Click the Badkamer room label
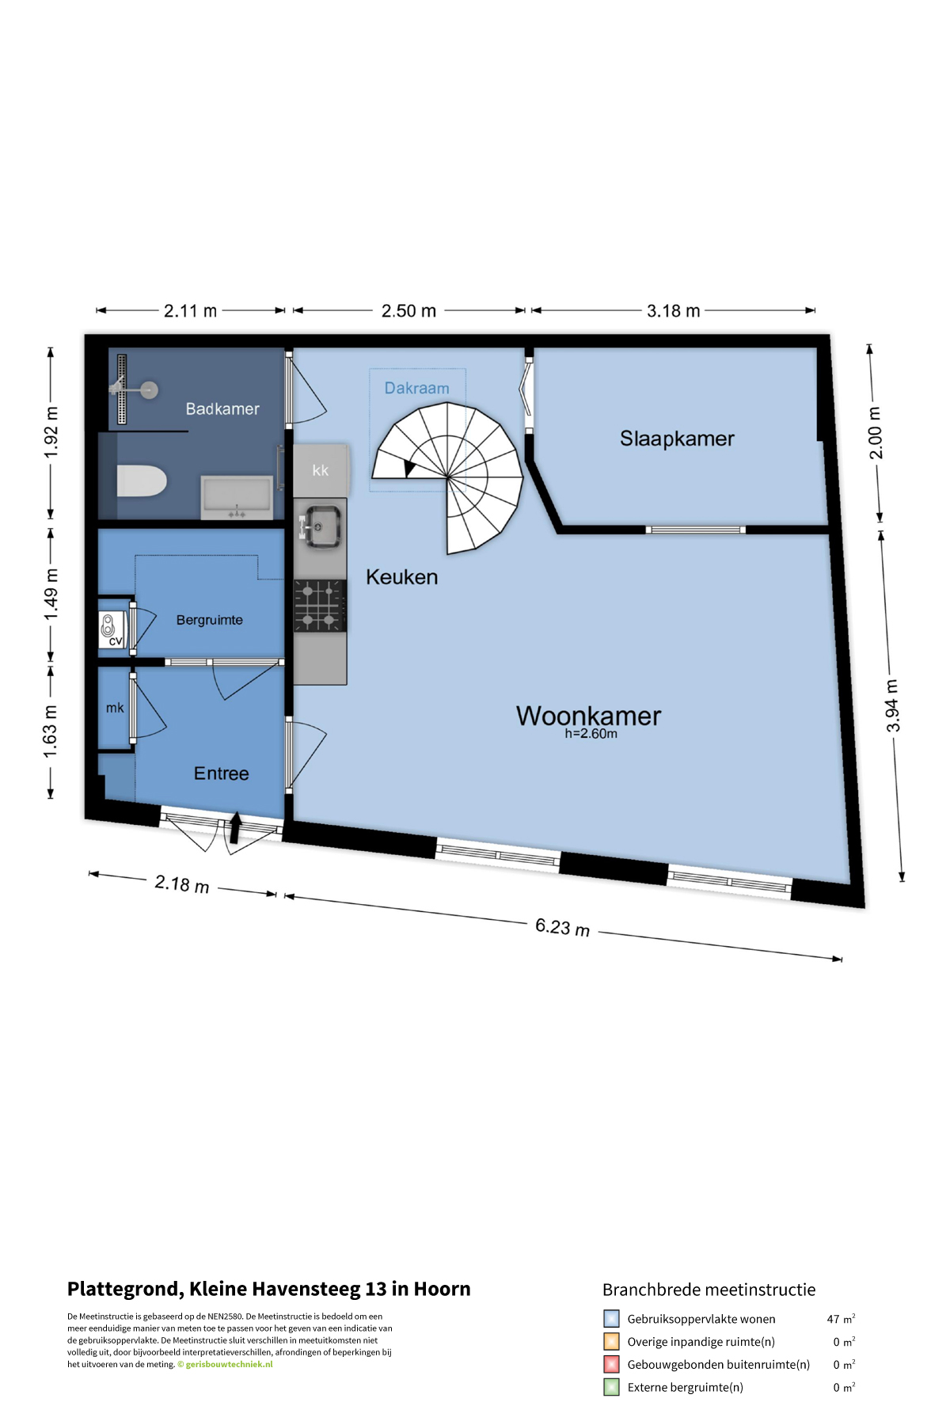pyautogui.click(x=222, y=408)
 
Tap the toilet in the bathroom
pyautogui.click(x=142, y=481)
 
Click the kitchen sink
pyautogui.click(x=321, y=526)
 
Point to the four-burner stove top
pyautogui.click(x=320, y=606)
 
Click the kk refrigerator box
pyautogui.click(x=320, y=469)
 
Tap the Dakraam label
pyautogui.click(x=416, y=388)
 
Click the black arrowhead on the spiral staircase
pyautogui.click(x=409, y=469)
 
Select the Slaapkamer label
pyautogui.click(x=677, y=439)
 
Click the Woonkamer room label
pyautogui.click(x=588, y=716)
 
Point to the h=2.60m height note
pyautogui.click(x=591, y=734)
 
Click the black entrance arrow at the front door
pyautogui.click(x=235, y=828)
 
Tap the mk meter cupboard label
pyautogui.click(x=115, y=708)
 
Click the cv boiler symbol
pyautogui.click(x=112, y=630)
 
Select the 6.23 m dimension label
pyautogui.click(x=562, y=926)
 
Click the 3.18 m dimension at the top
pyautogui.click(x=673, y=310)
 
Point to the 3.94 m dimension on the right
pyautogui.click(x=892, y=705)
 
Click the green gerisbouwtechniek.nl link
pyautogui.click(x=229, y=1364)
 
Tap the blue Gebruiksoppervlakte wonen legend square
pyautogui.click(x=611, y=1319)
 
